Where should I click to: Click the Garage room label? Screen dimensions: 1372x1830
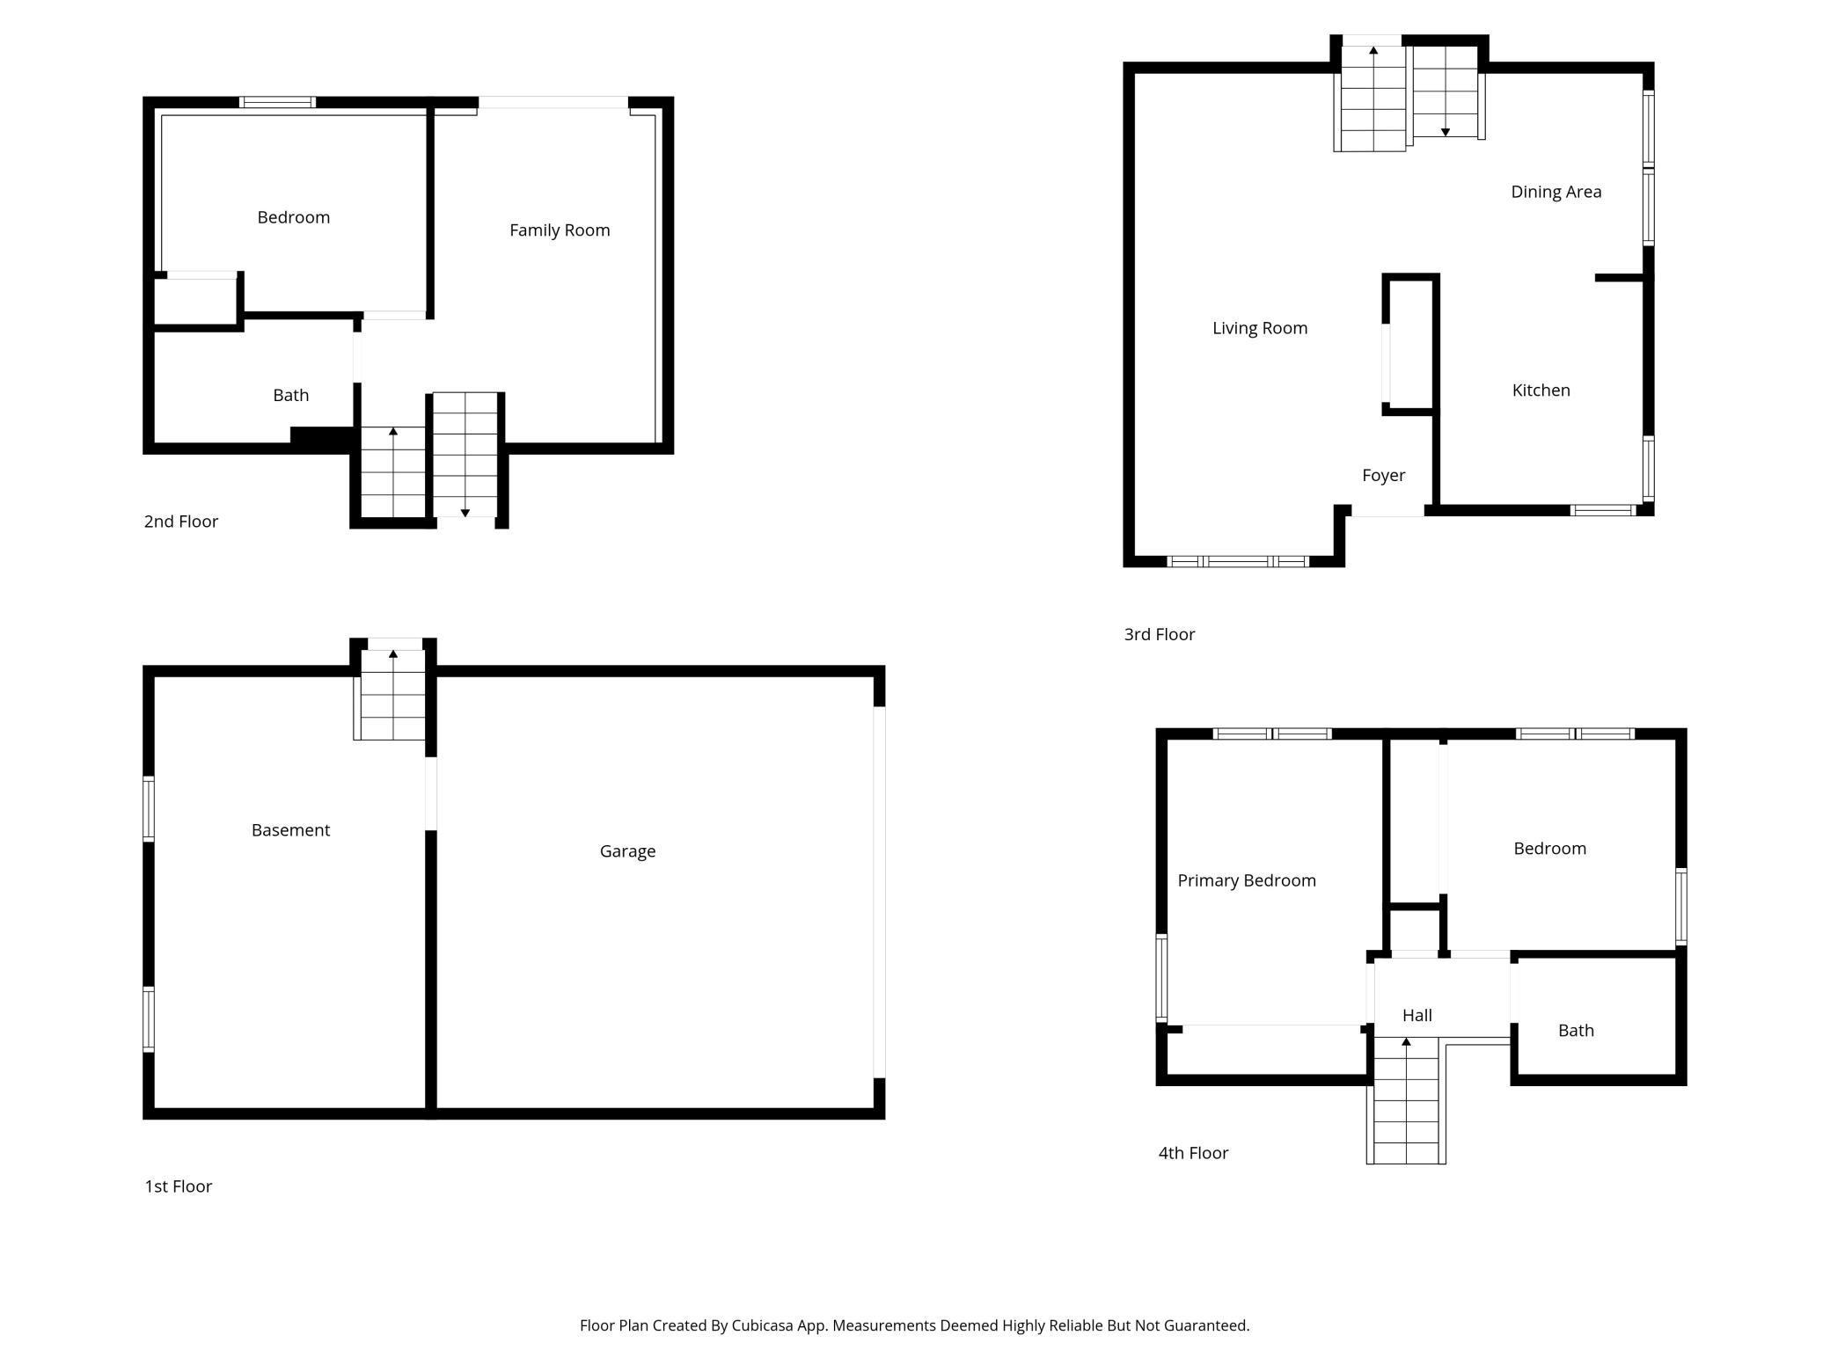[x=627, y=851]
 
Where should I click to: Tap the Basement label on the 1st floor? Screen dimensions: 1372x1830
[x=290, y=830]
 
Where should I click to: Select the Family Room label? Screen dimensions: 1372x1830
[x=560, y=230]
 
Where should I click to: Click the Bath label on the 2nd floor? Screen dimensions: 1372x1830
[x=290, y=396]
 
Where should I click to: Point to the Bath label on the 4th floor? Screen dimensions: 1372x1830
[x=1576, y=1031]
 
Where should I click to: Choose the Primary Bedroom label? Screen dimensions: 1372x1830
[x=1247, y=880]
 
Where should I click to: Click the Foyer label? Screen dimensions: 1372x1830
[x=1383, y=476]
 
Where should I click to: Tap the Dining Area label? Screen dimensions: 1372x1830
[x=1555, y=192]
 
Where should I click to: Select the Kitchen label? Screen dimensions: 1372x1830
[x=1541, y=390]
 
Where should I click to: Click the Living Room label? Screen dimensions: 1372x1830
[x=1260, y=328]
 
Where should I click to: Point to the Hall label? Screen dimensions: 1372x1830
[x=1416, y=1016]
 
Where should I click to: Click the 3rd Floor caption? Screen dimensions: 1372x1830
[x=1159, y=635]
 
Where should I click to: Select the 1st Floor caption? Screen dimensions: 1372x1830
[x=178, y=1186]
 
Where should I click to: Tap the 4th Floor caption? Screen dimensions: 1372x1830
[x=1193, y=1153]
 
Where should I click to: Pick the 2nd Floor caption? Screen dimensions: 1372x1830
[x=180, y=522]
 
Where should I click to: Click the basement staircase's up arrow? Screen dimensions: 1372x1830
[x=393, y=654]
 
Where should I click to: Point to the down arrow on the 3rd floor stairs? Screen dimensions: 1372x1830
[x=1445, y=132]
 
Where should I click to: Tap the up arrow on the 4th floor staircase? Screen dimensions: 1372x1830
[x=1406, y=1042]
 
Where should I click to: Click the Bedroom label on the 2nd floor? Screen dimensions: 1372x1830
[x=293, y=217]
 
